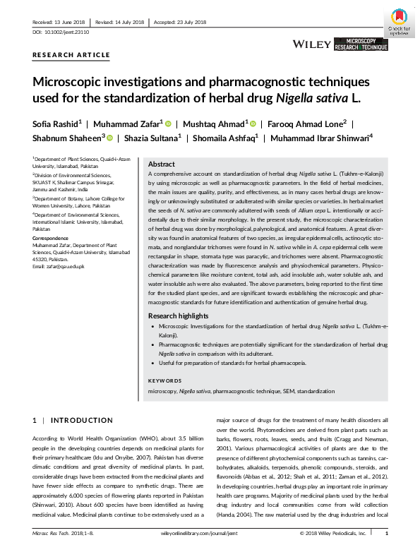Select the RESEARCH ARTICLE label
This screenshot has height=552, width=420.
[x=71, y=55]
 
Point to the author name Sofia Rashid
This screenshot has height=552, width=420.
[x=56, y=123]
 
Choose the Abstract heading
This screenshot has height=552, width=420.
[x=161, y=163]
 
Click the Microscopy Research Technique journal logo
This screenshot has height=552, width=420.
[x=361, y=44]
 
